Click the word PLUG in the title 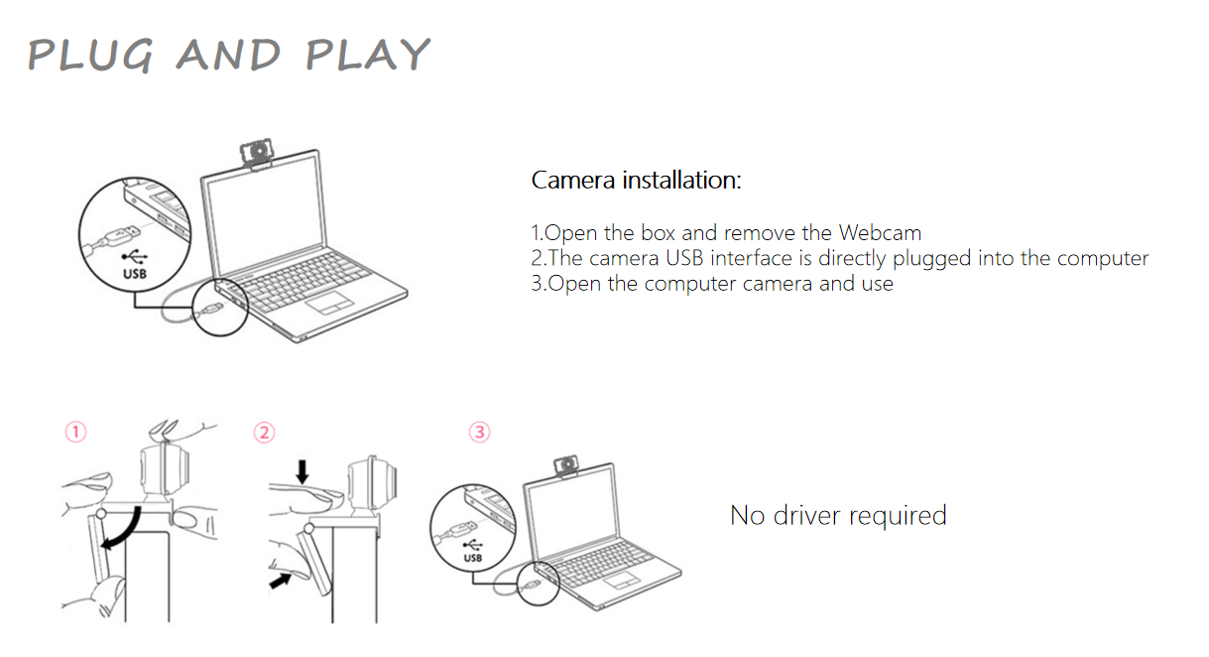pyautogui.click(x=90, y=56)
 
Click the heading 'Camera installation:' pyautogui.click(x=637, y=180)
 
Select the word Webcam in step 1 pyautogui.click(x=880, y=233)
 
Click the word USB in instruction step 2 pyautogui.click(x=684, y=258)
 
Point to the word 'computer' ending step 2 pyautogui.click(x=1103, y=259)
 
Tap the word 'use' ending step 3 pyautogui.click(x=878, y=284)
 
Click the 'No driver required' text pyautogui.click(x=838, y=515)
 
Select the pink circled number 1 pyautogui.click(x=75, y=433)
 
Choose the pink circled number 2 pyautogui.click(x=265, y=433)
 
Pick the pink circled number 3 pyautogui.click(x=480, y=433)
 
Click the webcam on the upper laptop pyautogui.click(x=257, y=154)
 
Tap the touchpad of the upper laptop pyautogui.click(x=330, y=303)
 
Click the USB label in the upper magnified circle pyautogui.click(x=135, y=274)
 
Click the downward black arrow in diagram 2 pyautogui.click(x=302, y=471)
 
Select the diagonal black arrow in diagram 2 pyautogui.click(x=280, y=582)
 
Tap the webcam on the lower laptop pyautogui.click(x=566, y=466)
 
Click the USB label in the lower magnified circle pyautogui.click(x=473, y=558)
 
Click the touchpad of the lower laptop pyautogui.click(x=622, y=582)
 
